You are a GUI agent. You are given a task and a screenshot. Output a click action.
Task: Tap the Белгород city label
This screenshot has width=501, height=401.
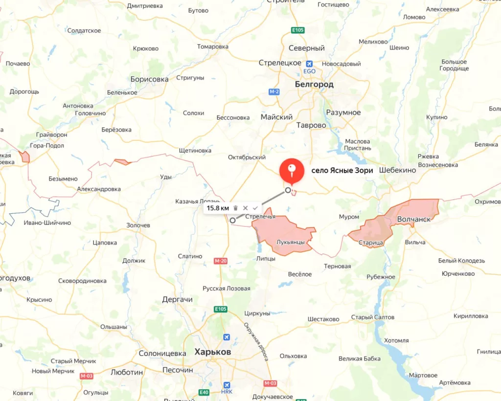314,85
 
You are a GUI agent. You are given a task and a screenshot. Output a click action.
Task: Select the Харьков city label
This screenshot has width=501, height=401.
212,352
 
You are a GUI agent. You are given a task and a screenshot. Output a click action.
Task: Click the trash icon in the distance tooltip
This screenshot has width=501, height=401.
235,208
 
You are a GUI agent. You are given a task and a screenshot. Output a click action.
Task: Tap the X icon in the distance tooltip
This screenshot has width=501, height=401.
245,208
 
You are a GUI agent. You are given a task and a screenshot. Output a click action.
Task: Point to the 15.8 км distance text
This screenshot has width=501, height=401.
218,208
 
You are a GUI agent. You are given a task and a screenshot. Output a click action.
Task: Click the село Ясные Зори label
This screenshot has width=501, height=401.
342,170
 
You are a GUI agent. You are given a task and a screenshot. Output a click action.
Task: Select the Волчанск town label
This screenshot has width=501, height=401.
414,219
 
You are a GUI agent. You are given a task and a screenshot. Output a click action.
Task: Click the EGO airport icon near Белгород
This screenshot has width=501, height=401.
309,64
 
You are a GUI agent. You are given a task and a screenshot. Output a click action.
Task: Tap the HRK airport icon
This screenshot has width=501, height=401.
227,385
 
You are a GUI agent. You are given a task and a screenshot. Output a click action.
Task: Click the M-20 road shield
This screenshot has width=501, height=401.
221,261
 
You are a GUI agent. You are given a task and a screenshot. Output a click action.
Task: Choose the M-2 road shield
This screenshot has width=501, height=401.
274,91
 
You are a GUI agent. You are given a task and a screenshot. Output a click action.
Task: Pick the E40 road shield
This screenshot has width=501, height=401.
204,392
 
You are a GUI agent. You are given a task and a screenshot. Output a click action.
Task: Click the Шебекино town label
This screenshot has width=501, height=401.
397,170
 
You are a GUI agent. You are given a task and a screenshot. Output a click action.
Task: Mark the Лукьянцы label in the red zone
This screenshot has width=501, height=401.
291,242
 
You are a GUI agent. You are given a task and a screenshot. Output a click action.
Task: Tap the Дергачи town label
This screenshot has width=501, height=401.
177,299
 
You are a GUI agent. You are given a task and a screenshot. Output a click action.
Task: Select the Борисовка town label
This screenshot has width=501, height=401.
149,79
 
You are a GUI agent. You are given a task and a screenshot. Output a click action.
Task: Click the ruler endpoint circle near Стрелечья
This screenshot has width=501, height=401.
232,220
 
